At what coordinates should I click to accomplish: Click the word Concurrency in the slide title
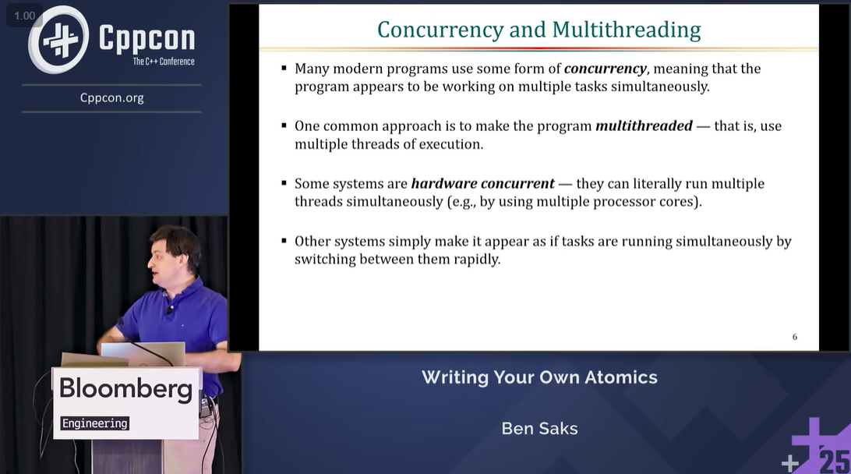coord(440,30)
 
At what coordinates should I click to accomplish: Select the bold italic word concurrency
coord(606,69)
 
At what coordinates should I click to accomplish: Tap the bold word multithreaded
coord(644,126)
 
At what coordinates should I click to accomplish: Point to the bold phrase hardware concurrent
coord(482,183)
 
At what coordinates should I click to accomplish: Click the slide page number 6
coord(795,337)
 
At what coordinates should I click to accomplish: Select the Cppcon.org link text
coord(111,98)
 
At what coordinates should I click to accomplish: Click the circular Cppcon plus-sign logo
coord(58,40)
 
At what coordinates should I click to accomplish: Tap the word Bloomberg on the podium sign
coord(126,389)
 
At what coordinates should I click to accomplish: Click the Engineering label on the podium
coord(94,423)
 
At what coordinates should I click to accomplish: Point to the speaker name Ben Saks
coord(539,428)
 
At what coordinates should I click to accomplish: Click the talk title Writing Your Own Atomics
coord(539,377)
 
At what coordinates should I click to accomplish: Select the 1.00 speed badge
coord(24,16)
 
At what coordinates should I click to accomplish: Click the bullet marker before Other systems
coord(284,241)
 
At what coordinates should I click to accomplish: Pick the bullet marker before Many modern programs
coord(284,69)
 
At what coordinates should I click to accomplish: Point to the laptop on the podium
coord(143,354)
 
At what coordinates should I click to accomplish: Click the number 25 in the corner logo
coord(834,461)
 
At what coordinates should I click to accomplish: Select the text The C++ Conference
coord(164,62)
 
